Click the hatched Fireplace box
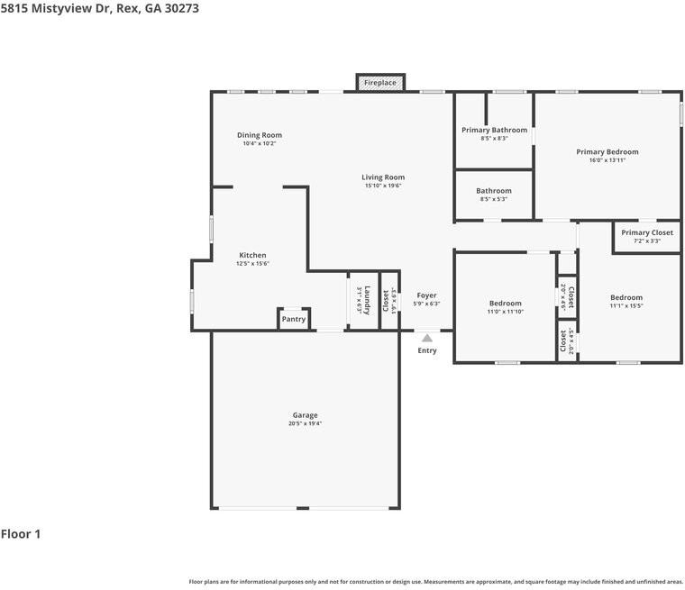click(379, 83)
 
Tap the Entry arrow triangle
click(427, 337)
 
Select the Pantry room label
click(294, 319)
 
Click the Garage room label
click(305, 415)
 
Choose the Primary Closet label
click(647, 232)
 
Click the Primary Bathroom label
click(494, 130)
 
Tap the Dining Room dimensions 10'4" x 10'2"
click(260, 144)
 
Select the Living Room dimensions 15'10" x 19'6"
click(383, 186)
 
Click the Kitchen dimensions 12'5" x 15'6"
click(252, 264)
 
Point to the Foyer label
click(426, 295)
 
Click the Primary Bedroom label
click(607, 152)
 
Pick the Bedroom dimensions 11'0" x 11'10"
click(506, 312)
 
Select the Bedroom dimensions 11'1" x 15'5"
click(626, 306)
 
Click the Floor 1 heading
click(21, 534)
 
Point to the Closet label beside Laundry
click(387, 299)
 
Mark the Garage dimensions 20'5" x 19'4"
click(305, 423)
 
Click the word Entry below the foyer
click(427, 350)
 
